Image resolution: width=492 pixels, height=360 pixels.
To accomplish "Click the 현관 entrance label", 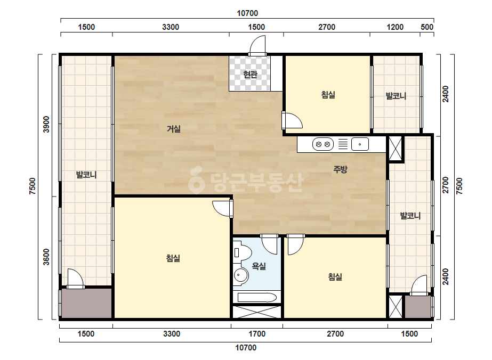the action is click(250, 75).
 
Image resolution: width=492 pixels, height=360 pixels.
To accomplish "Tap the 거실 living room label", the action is click(174, 128).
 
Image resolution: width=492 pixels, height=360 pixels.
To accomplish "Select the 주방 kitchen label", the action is click(340, 169).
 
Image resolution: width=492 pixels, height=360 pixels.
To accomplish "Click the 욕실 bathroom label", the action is click(259, 266).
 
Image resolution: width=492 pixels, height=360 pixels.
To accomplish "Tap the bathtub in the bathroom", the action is click(257, 297).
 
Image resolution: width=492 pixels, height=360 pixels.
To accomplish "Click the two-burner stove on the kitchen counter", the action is click(322, 144).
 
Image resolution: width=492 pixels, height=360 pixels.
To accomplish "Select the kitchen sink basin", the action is click(360, 144).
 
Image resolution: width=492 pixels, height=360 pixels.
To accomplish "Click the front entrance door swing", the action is click(257, 45).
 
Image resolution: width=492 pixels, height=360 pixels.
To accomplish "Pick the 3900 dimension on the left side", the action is click(46, 124).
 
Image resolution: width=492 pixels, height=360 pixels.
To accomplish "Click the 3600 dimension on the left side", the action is click(46, 257).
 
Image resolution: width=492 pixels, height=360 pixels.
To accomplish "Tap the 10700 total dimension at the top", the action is click(247, 13).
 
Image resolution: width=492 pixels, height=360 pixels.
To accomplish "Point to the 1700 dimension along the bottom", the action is click(257, 334).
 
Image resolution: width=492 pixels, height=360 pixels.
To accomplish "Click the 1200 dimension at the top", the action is click(395, 27).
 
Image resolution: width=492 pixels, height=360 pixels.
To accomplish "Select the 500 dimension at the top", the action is click(427, 27).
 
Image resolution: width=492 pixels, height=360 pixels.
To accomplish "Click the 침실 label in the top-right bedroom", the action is click(328, 94).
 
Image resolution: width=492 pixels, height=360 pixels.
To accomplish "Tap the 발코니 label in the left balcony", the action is click(86, 175).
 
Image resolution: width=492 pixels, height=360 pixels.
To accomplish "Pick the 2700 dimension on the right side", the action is click(445, 185).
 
